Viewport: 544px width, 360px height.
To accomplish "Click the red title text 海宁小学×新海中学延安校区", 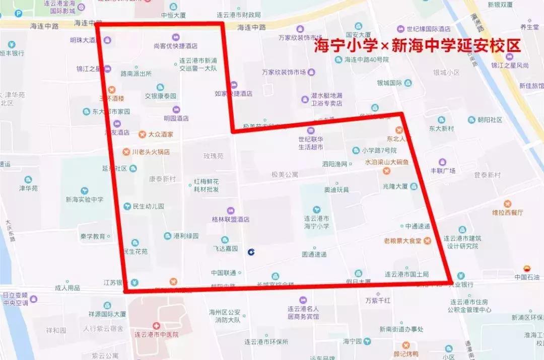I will [x=417, y=46].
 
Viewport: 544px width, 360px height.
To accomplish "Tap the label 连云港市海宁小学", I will [x=316, y=223].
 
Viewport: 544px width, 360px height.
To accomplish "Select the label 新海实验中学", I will [x=84, y=199].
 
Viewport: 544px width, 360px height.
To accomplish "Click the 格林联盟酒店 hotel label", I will [x=231, y=220].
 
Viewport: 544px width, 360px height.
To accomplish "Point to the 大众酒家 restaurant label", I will [x=161, y=134].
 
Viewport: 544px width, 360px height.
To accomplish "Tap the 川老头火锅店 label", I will [x=151, y=152].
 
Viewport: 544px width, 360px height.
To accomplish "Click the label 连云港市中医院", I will [x=157, y=334].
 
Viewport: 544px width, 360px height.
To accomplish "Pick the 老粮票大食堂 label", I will [x=402, y=241].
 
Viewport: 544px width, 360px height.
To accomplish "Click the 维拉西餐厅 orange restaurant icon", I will [x=507, y=204].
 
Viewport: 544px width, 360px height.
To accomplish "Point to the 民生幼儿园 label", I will [x=148, y=206].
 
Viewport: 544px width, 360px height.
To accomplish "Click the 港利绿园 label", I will [x=186, y=236].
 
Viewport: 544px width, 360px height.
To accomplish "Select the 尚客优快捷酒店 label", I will [x=175, y=46].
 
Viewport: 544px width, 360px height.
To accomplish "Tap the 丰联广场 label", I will [x=443, y=171].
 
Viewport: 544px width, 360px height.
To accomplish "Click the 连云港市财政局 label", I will [x=238, y=15].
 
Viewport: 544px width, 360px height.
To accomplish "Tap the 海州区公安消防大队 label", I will [x=225, y=316].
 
